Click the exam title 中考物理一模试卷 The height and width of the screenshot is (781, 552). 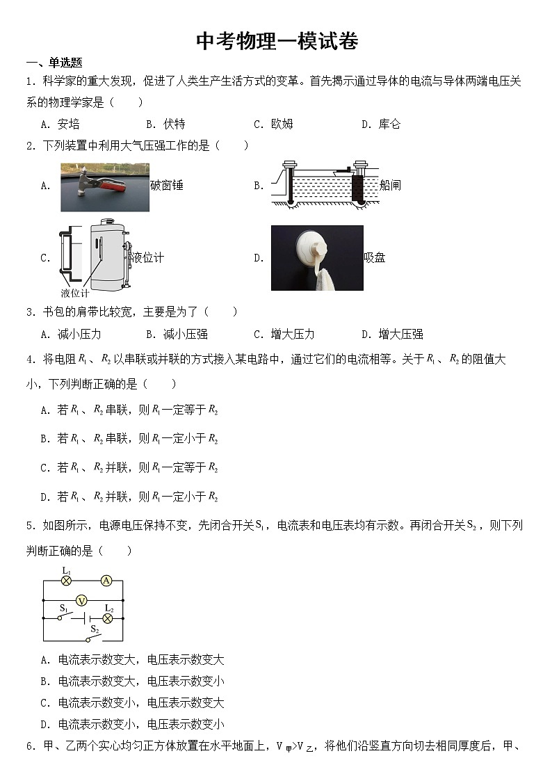click(277, 41)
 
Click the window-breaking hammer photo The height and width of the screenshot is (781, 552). click(104, 186)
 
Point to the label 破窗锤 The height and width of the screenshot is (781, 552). click(167, 186)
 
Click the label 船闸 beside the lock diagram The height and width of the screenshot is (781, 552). click(390, 185)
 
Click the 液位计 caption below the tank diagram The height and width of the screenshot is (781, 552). click(75, 293)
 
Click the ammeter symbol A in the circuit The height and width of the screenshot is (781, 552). click(106, 580)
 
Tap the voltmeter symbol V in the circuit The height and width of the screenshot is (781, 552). click(81, 600)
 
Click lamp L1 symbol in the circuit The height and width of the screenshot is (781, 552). click(66, 580)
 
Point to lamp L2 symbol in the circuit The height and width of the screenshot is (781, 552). click(107, 618)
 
